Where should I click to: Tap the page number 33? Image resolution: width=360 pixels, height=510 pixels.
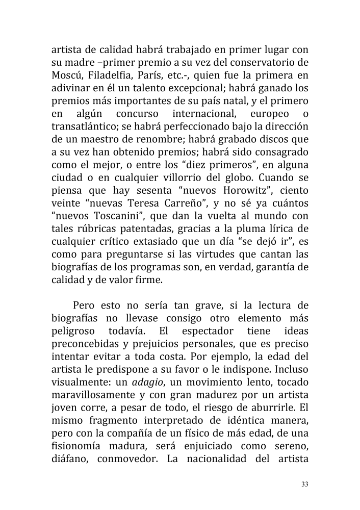(305, 484)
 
